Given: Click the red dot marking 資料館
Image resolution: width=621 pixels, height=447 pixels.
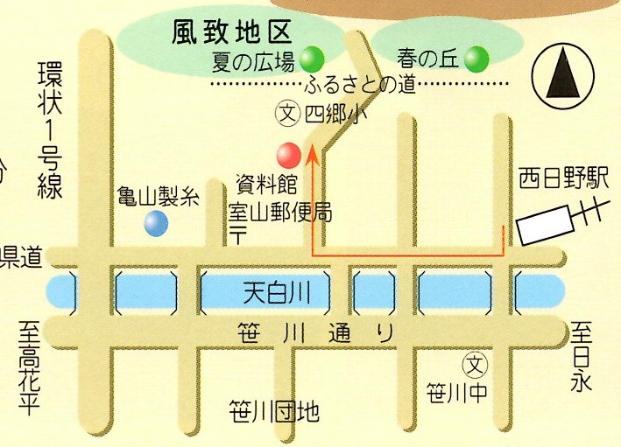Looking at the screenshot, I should coord(288,155).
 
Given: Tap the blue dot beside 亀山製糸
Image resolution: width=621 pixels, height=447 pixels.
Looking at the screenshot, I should coord(156,224).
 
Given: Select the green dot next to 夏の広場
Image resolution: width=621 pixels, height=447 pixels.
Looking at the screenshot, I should coord(313,59).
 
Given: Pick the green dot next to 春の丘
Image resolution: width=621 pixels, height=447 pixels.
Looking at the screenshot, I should coord(476,59).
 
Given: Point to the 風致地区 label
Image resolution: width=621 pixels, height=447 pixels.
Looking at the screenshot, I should coord(229,33).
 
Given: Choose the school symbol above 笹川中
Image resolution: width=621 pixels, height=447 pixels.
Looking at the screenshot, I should coord(474,362).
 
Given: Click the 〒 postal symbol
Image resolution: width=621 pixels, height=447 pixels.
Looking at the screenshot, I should coord(239,234).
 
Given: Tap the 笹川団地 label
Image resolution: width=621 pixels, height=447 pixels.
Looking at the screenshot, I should coord(273,410).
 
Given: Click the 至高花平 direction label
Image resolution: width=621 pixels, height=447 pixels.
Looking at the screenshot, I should coord(32,367).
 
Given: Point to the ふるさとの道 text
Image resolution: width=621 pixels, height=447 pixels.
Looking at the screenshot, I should coord(360,85).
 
